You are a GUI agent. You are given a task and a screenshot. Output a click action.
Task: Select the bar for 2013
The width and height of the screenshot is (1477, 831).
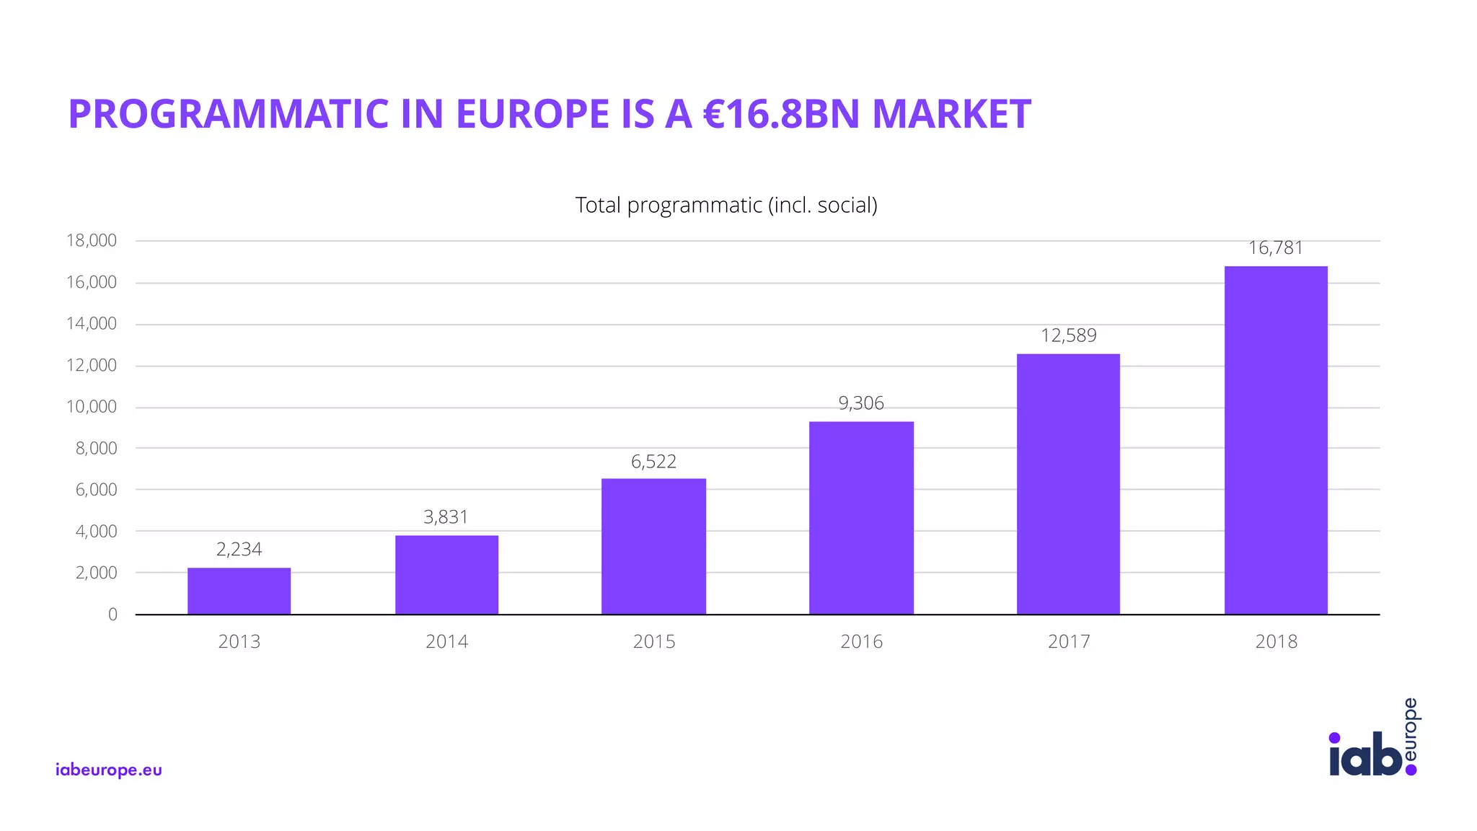coord(239,591)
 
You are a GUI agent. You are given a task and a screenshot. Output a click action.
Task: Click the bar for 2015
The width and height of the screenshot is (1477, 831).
coord(653,546)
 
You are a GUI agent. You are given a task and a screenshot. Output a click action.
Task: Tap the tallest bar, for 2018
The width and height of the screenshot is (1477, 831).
coord(1276,440)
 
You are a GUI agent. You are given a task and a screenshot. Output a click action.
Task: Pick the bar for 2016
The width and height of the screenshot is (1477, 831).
coord(861,518)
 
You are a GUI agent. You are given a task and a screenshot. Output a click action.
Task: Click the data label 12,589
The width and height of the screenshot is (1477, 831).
coord(1068,335)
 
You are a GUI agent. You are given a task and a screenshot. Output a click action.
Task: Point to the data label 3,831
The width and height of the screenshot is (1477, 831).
coord(446,517)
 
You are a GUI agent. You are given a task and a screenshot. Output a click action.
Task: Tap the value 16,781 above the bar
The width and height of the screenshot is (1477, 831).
coord(1276,248)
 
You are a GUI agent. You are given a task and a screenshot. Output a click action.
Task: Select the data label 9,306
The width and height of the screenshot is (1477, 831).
coord(861,403)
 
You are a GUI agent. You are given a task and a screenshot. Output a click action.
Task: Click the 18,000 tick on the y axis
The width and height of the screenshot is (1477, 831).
coord(92,241)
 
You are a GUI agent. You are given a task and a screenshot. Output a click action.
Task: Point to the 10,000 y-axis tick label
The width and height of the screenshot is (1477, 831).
coord(92,407)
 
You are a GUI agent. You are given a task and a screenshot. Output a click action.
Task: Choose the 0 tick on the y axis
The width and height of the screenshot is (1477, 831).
coord(113,615)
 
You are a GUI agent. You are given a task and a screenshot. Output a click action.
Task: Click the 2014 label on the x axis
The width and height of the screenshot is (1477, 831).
coord(446,641)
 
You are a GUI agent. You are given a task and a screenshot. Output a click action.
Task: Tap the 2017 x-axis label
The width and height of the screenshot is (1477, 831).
coord(1069,641)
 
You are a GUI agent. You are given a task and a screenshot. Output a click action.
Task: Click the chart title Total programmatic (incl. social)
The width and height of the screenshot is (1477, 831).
coord(726,206)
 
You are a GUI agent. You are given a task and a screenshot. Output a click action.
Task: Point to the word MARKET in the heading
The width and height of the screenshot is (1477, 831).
coord(951,114)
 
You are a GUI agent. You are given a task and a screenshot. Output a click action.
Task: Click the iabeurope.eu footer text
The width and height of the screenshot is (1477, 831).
coord(109,770)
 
